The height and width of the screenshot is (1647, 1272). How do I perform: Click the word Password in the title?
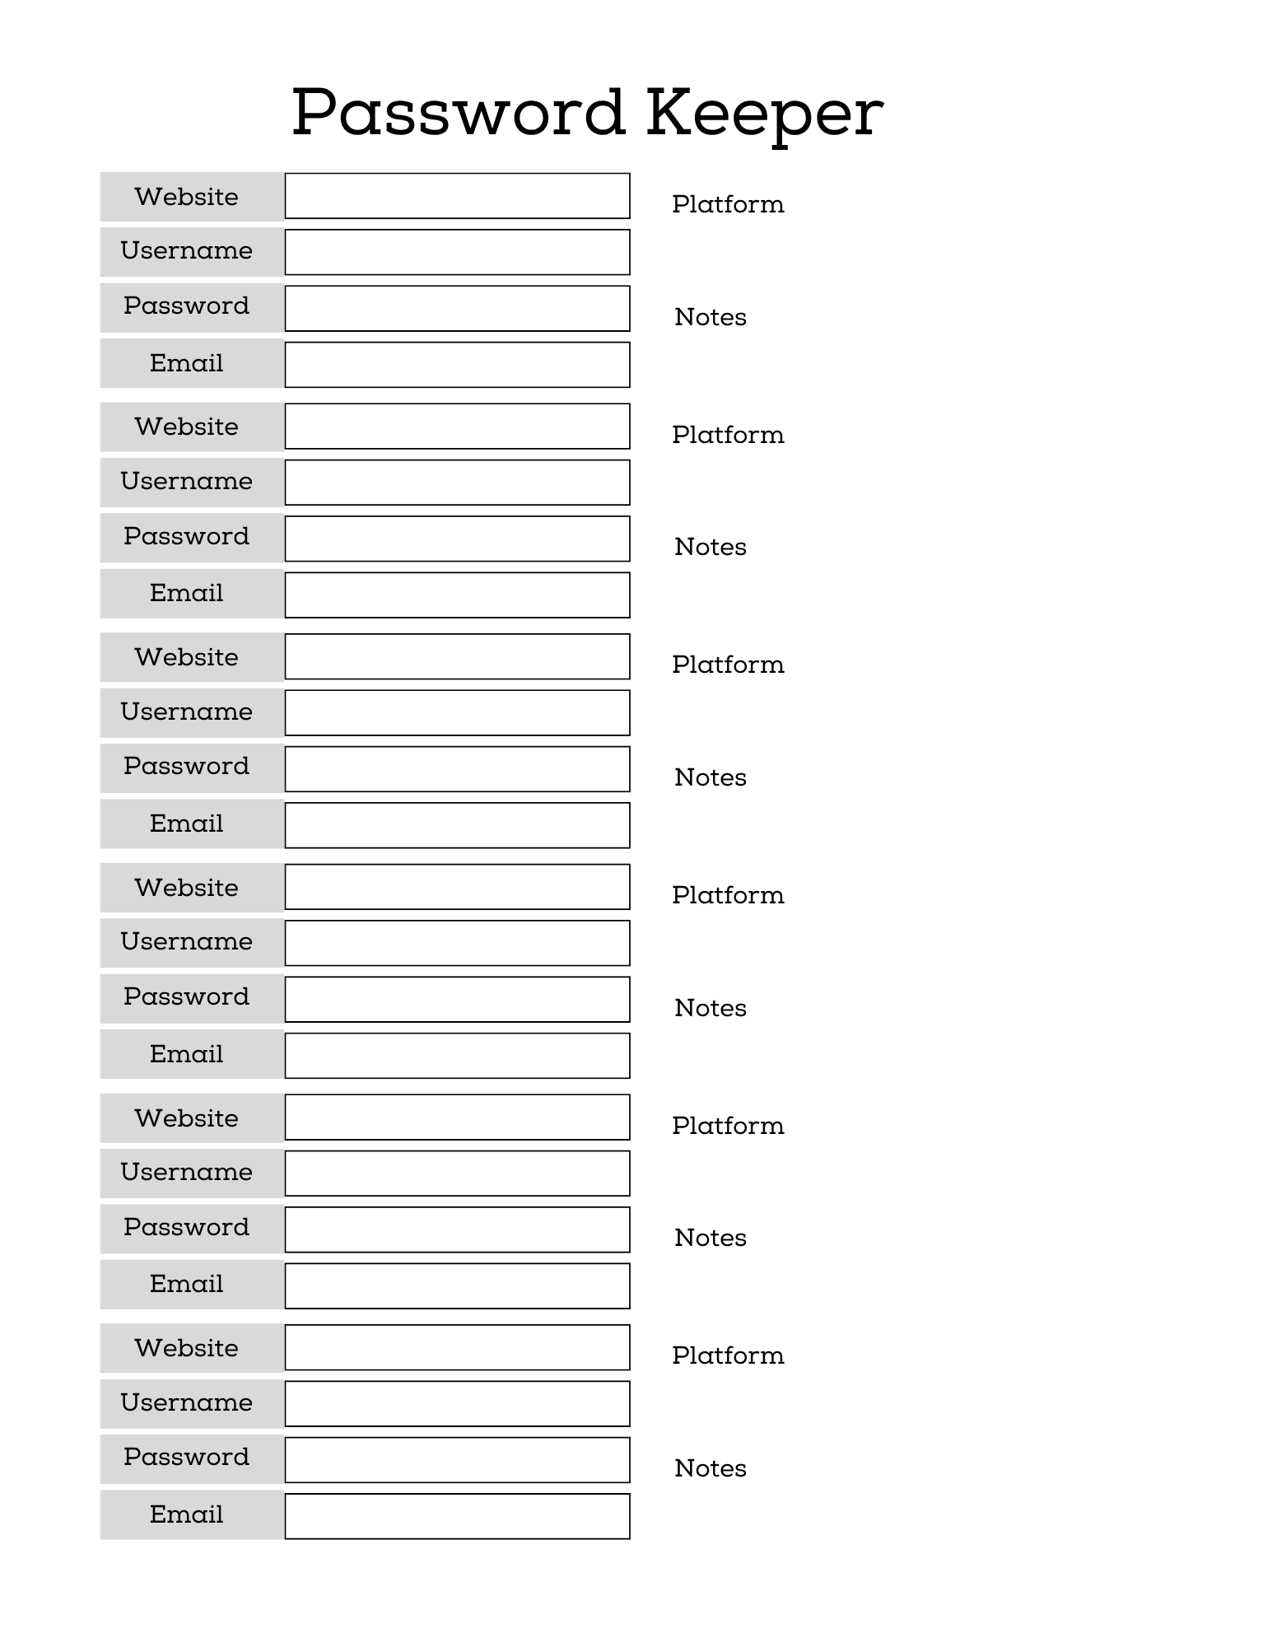click(458, 113)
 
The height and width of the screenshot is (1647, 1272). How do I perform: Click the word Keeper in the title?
click(764, 113)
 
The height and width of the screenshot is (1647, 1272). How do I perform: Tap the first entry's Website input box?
click(457, 196)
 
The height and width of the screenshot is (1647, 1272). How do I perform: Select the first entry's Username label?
click(186, 250)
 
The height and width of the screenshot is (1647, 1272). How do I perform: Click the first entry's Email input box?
click(457, 365)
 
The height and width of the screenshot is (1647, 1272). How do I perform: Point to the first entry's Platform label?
click(728, 204)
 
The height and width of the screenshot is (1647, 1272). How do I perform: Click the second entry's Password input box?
click(457, 539)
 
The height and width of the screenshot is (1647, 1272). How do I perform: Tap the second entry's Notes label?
click(710, 547)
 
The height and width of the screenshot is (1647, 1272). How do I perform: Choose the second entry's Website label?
click(186, 427)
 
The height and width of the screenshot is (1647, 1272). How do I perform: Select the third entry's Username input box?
click(457, 712)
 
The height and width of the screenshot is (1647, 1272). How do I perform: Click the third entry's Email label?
click(186, 823)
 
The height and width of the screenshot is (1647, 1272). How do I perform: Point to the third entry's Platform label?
click(728, 665)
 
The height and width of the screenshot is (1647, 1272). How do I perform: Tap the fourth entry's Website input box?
click(457, 887)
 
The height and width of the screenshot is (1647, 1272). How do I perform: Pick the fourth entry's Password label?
click(186, 996)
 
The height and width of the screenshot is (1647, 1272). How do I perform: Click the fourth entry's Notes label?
click(710, 1008)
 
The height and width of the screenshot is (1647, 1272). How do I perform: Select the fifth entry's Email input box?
click(457, 1285)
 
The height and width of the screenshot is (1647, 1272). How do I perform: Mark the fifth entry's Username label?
click(186, 1172)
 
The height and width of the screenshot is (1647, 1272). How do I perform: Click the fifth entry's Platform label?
click(728, 1126)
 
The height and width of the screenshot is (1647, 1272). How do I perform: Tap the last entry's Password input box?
click(457, 1460)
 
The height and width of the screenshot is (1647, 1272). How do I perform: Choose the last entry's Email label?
click(186, 1514)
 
